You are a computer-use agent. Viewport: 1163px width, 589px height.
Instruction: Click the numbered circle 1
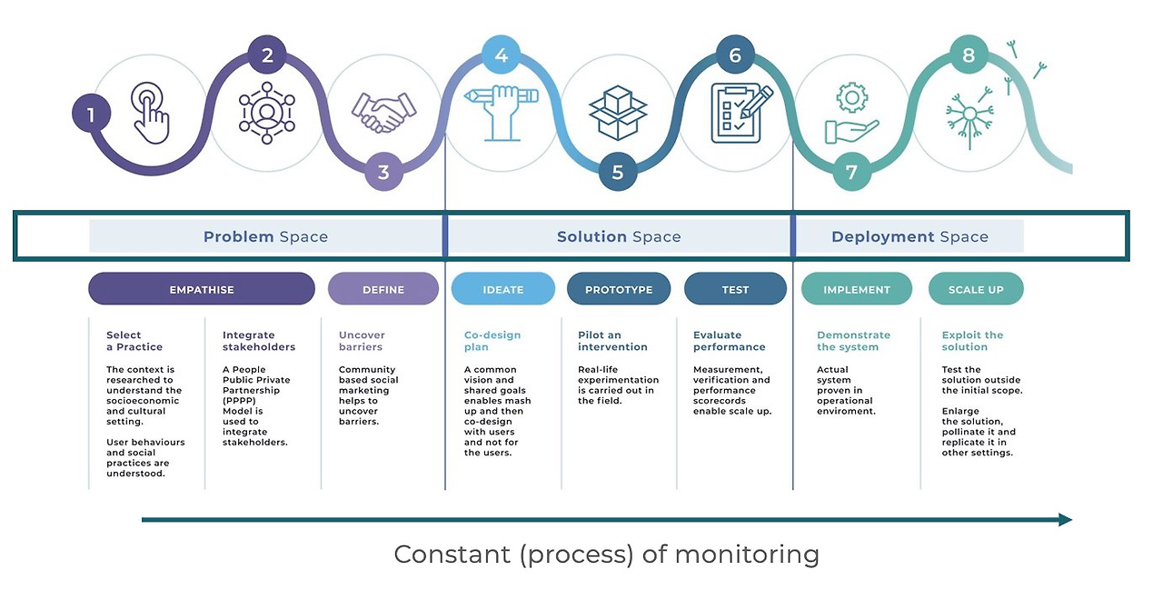point(91,115)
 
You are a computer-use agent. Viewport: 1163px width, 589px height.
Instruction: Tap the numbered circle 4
point(501,56)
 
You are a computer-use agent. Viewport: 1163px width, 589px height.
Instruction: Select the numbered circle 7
point(851,172)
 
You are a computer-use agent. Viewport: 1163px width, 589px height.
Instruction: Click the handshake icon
point(384,112)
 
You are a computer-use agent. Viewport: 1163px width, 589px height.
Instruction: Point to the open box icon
point(618,112)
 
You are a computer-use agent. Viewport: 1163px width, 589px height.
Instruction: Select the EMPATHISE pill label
point(202,289)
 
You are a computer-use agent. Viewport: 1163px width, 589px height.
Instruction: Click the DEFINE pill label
point(383,289)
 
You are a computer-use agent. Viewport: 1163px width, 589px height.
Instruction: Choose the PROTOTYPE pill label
point(619,289)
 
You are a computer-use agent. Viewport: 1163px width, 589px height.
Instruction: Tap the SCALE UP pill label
point(976,289)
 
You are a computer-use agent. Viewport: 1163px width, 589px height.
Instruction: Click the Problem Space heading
point(265,236)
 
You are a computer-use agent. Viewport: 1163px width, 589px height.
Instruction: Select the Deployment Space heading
point(910,236)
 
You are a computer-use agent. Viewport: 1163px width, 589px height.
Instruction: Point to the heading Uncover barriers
point(361,341)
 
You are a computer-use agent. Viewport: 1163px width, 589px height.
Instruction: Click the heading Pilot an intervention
point(612,341)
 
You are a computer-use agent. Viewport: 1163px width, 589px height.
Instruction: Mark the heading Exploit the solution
point(972,341)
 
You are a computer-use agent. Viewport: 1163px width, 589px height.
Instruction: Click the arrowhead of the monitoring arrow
point(1065,520)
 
